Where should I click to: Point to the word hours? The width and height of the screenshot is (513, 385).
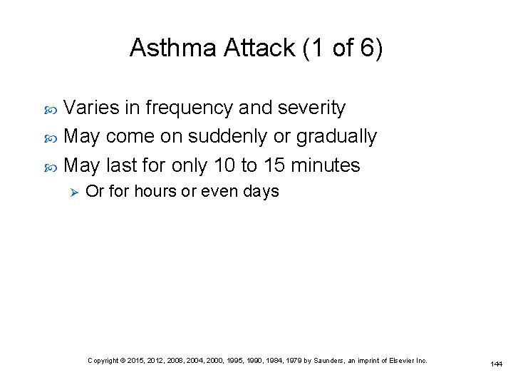155,192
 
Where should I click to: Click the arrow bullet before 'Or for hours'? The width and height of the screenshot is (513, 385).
69,192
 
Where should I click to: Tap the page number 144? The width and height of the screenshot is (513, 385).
496,364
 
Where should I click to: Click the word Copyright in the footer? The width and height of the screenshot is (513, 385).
104,361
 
